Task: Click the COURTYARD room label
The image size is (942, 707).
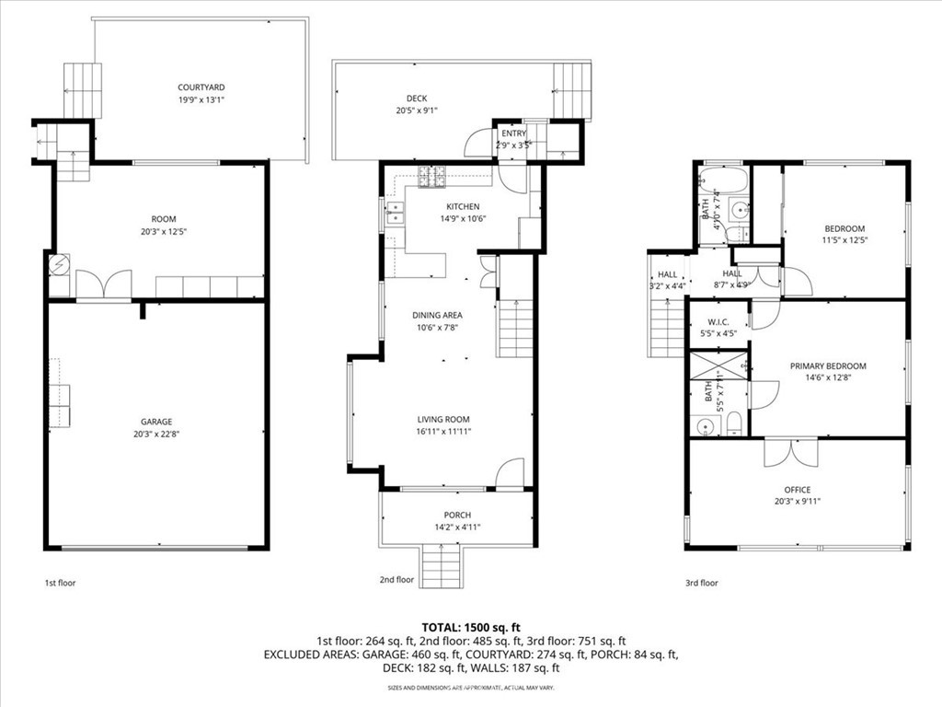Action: click(x=201, y=87)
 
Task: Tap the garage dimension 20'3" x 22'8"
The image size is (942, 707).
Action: click(x=156, y=434)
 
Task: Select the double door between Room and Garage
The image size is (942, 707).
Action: click(x=103, y=284)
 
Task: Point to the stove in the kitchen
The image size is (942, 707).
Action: click(x=431, y=177)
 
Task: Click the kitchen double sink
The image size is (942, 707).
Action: click(x=394, y=215)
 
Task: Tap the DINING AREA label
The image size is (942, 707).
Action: click(x=437, y=315)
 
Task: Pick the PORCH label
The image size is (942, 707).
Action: click(x=457, y=515)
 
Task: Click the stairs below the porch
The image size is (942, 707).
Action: click(x=442, y=566)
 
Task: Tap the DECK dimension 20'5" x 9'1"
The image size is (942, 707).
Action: click(x=410, y=110)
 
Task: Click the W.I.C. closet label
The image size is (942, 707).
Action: click(x=719, y=322)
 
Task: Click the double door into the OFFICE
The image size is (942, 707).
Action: click(x=790, y=451)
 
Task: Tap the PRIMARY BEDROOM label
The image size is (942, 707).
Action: click(x=828, y=365)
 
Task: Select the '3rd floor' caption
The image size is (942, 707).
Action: click(x=702, y=582)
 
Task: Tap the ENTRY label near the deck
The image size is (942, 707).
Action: click(x=514, y=133)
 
